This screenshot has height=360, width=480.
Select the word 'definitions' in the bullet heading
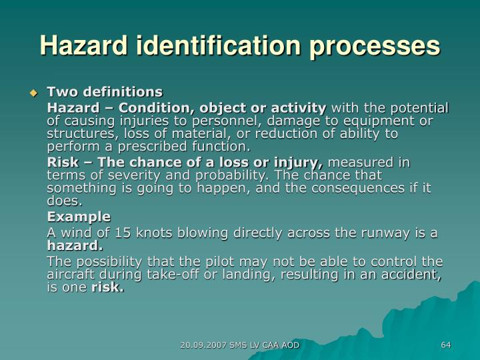tap(127, 91)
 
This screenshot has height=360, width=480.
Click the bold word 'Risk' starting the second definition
tap(61, 163)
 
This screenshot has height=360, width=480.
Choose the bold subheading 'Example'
tap(79, 217)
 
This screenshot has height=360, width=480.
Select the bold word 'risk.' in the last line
tap(107, 287)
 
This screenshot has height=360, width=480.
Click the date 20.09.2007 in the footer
tap(204, 345)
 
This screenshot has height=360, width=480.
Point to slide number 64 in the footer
tap(446, 345)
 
